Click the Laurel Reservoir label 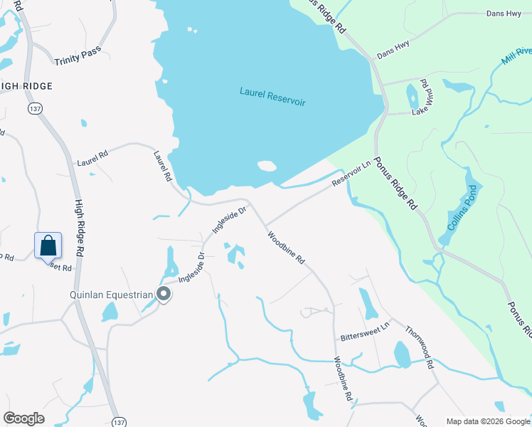pyautogui.click(x=272, y=97)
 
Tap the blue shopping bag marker pyautogui.click(x=48, y=246)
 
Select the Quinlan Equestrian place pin pyautogui.click(x=164, y=294)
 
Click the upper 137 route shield pyautogui.click(x=34, y=109)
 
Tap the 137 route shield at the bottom pyautogui.click(x=119, y=421)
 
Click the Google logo pyautogui.click(x=23, y=418)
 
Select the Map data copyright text pyautogui.click(x=487, y=421)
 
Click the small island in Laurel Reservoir pyautogui.click(x=267, y=167)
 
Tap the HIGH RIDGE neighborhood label pyautogui.click(x=26, y=86)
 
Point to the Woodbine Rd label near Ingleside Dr pyautogui.click(x=286, y=247)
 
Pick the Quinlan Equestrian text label pyautogui.click(x=111, y=294)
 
